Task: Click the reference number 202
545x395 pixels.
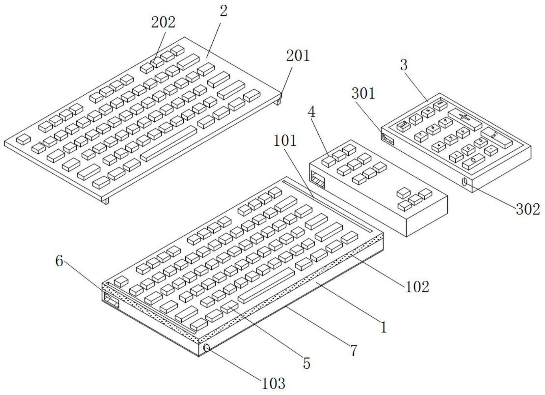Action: (x=163, y=23)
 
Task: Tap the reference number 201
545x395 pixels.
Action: (x=298, y=56)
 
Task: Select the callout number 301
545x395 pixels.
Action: (x=363, y=93)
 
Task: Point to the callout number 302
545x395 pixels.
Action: (x=528, y=210)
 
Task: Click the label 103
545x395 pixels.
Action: (x=273, y=384)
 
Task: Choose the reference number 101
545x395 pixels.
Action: (x=285, y=141)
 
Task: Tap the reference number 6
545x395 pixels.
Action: (x=59, y=261)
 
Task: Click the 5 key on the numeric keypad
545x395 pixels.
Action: (x=451, y=138)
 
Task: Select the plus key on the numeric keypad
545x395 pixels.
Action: (x=464, y=117)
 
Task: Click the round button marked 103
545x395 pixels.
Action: (x=207, y=348)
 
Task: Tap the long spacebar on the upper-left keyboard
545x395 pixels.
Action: (x=168, y=144)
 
